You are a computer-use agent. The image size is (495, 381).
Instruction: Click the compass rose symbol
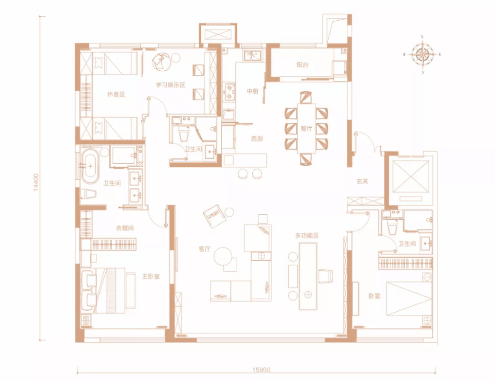[422, 54]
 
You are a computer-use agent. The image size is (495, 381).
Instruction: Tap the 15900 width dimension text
[261, 370]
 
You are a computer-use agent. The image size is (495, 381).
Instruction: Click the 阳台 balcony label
[302, 65]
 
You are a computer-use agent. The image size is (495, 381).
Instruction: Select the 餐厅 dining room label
[306, 128]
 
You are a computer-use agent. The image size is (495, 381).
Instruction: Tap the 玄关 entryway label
[362, 181]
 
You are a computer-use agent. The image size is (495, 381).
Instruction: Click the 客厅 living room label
[204, 249]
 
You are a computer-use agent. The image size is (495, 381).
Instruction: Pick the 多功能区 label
[307, 235]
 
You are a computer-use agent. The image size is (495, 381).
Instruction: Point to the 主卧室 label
[151, 276]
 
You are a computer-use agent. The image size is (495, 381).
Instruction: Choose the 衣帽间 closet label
[125, 228]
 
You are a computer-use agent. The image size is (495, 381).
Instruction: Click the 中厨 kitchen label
[252, 91]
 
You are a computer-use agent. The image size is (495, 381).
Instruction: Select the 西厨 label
[257, 138]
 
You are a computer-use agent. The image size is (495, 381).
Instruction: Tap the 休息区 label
[116, 94]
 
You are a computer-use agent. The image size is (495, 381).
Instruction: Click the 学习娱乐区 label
[170, 85]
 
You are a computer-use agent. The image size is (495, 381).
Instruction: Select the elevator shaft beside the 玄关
[411, 177]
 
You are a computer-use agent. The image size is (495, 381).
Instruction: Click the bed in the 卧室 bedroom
[409, 299]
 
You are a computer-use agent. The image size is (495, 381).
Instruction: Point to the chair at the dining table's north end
[305, 98]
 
